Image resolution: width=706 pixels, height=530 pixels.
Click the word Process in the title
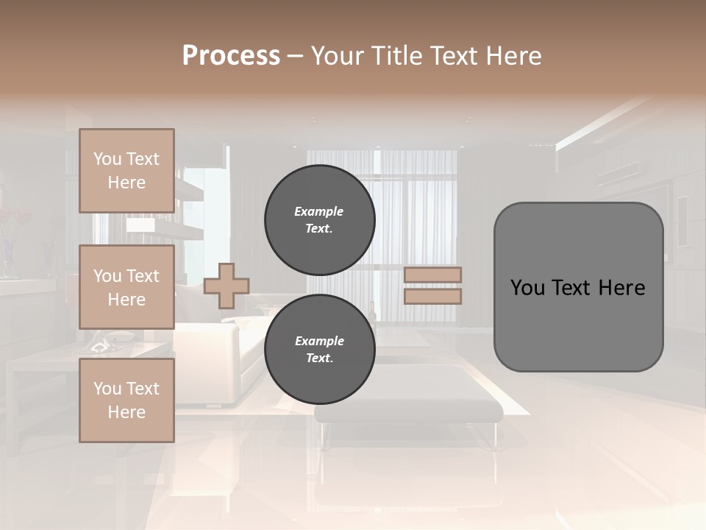point(231,56)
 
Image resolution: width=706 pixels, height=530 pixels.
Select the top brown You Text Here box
point(126,171)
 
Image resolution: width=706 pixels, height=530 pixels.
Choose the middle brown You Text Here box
point(126,287)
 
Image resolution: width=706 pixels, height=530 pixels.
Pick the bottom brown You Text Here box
point(126,400)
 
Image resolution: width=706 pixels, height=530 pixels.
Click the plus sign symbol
point(227,286)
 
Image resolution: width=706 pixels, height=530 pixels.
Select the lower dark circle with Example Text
point(319,349)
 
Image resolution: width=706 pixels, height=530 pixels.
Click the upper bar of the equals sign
point(433,275)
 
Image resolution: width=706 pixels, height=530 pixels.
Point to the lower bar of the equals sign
point(433,296)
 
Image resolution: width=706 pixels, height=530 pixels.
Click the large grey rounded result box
point(578,324)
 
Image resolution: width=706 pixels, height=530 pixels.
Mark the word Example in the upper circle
point(318,211)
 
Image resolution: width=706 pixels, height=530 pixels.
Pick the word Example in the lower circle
point(318,341)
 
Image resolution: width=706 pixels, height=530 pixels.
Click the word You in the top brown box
point(107,159)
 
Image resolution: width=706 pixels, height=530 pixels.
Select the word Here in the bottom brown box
point(126,412)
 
